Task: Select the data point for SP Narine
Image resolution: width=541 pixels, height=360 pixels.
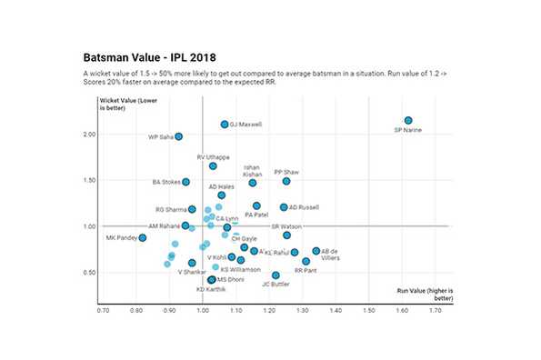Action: (x=408, y=121)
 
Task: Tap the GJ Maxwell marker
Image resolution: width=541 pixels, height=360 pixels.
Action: (x=225, y=125)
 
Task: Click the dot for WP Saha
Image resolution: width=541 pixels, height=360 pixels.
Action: (x=178, y=136)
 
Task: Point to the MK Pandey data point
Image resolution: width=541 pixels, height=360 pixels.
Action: (x=143, y=238)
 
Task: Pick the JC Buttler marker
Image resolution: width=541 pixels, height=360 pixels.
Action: (x=276, y=275)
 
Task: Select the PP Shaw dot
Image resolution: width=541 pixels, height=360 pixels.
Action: (x=286, y=181)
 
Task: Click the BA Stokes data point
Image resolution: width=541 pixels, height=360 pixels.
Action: (x=185, y=182)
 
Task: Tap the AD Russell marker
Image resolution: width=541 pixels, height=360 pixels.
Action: (x=284, y=207)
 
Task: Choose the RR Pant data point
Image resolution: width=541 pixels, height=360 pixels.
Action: (x=306, y=261)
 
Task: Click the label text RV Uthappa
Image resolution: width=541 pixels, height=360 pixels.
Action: (x=213, y=157)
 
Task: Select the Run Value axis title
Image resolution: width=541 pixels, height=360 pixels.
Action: (x=423, y=293)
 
